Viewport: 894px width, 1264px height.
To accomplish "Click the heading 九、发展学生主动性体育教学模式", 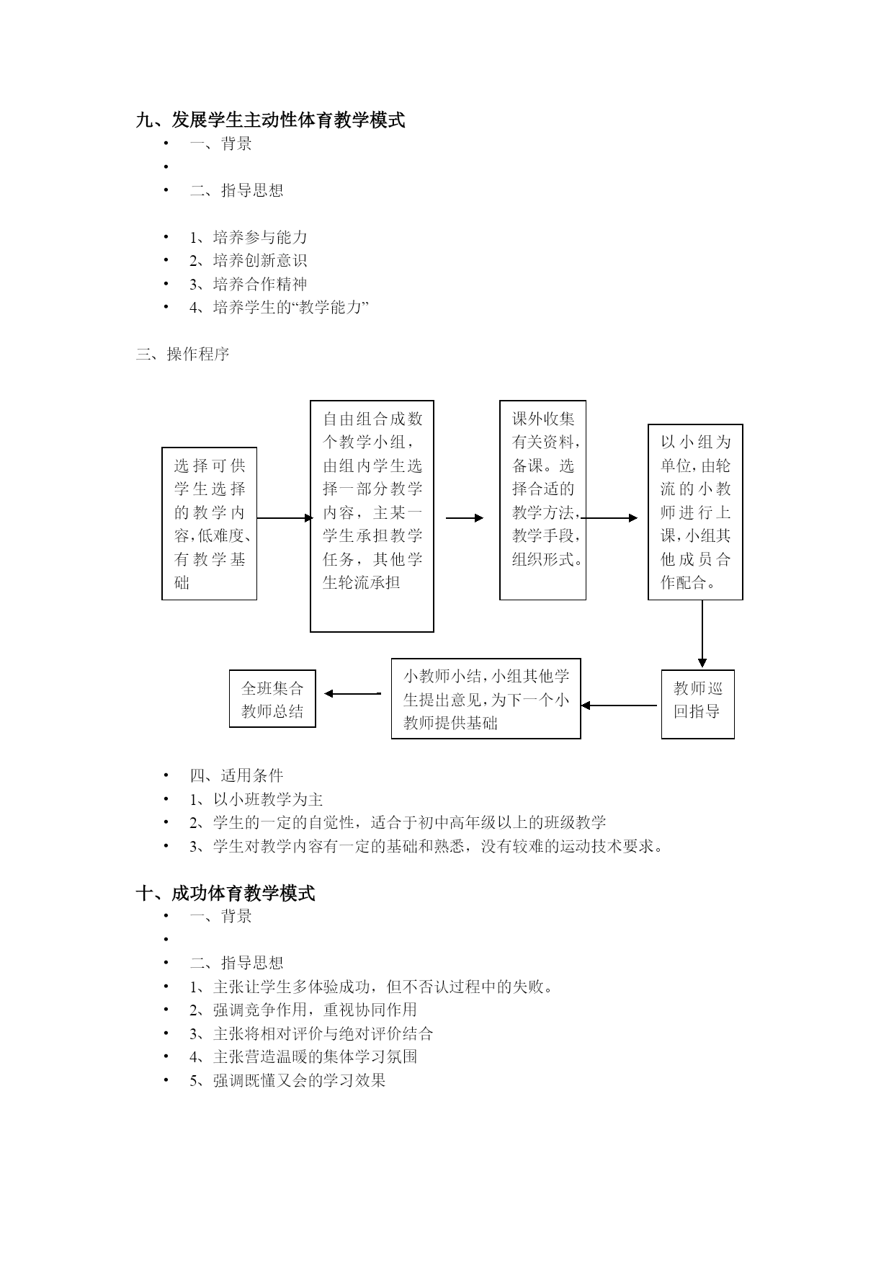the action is (x=270, y=120).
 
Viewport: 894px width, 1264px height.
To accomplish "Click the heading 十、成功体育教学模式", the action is (x=225, y=893).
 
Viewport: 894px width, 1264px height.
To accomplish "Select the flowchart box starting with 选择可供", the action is (x=209, y=524).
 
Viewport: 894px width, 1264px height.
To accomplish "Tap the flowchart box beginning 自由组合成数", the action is (x=372, y=516).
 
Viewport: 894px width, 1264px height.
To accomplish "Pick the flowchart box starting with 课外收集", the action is (x=542, y=500).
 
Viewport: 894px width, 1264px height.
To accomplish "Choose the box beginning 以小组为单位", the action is (x=695, y=512).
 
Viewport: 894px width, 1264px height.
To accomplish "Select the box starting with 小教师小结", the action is (x=486, y=698).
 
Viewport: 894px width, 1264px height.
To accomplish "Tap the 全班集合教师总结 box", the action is (x=272, y=698).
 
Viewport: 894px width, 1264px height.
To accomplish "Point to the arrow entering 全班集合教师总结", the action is (x=352, y=694).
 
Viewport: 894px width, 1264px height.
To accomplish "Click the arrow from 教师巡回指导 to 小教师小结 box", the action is (x=619, y=706).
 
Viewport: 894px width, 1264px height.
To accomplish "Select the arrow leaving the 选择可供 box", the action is (x=285, y=517).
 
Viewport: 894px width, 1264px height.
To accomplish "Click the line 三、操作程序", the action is (x=182, y=354).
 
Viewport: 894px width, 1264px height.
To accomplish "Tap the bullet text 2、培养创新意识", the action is (x=249, y=260).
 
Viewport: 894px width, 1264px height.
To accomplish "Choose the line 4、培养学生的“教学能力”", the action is (x=280, y=307).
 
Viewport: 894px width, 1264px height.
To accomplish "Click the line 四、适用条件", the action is (x=236, y=775).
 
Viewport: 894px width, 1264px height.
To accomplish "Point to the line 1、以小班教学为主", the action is (x=256, y=799).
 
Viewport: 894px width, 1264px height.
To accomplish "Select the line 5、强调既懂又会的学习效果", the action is (x=288, y=1080).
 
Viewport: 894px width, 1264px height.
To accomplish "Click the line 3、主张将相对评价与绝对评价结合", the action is (x=311, y=1033).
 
